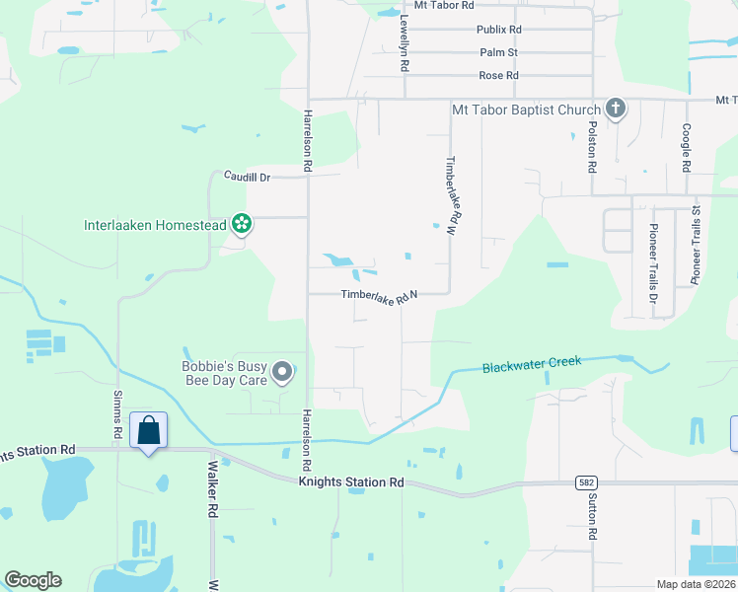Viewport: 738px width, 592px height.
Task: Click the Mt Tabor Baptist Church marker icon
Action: coord(616,109)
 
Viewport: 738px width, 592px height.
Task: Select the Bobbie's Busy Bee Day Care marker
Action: coord(283,372)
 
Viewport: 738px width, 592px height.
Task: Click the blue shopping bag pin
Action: coord(148,431)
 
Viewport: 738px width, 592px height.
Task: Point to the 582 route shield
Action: coord(585,482)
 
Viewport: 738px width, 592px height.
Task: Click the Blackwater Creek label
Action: coord(532,365)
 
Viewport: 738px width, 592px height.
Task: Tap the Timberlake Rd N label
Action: coord(381,295)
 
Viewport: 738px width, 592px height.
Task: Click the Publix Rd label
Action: coord(497,30)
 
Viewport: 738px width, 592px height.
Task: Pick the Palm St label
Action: coord(498,52)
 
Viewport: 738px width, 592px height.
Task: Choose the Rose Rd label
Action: coord(498,76)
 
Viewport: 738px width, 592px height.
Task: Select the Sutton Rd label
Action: coord(593,519)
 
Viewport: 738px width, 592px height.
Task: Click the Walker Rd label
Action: coord(212,498)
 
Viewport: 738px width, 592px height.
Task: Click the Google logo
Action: coord(33,580)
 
